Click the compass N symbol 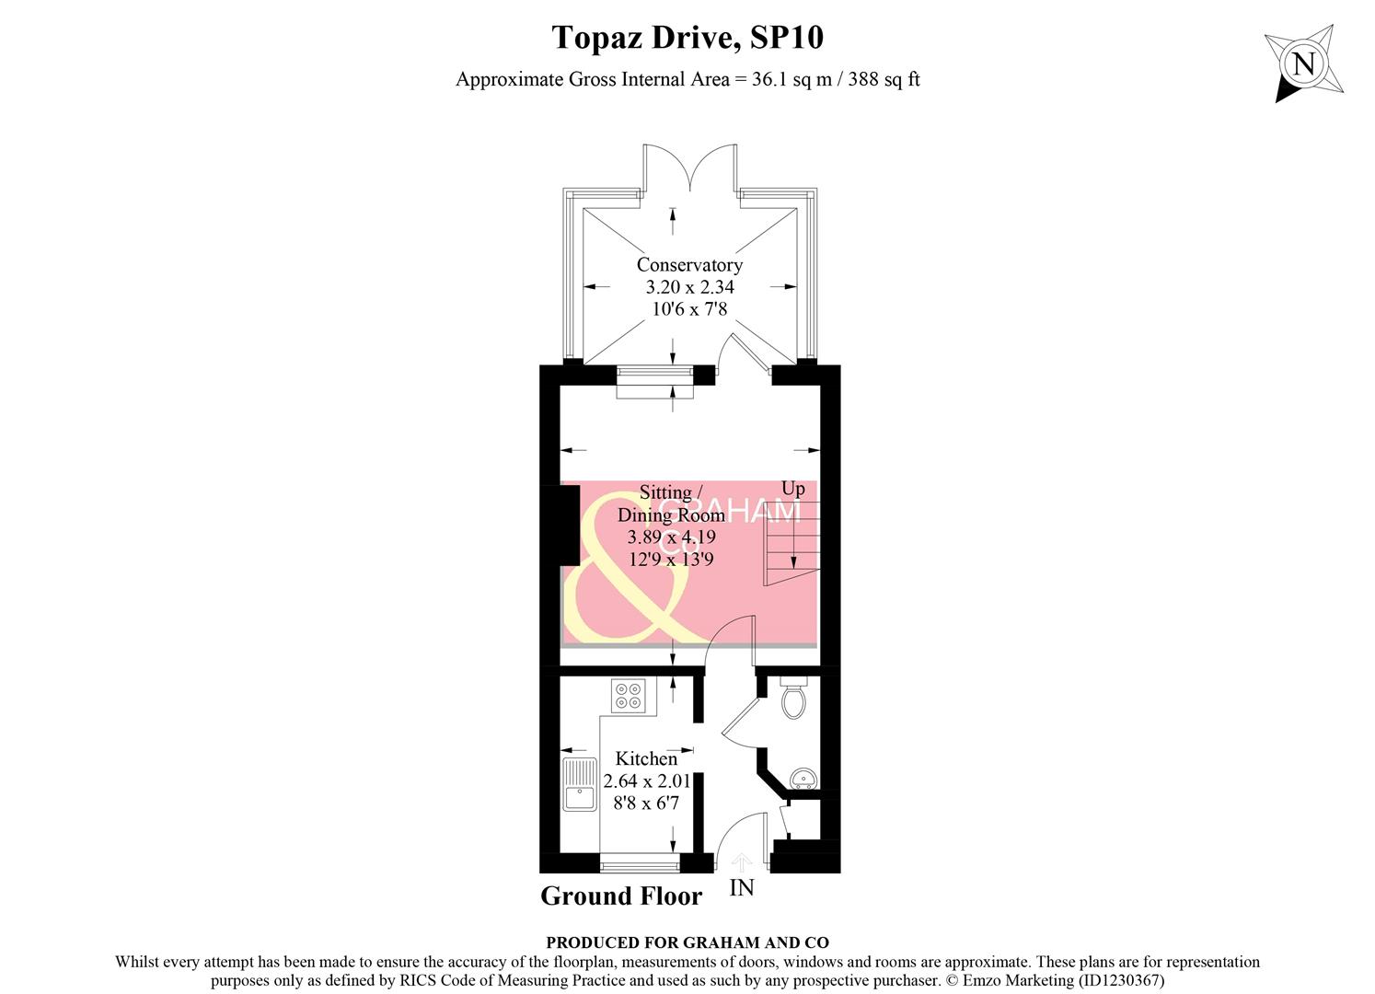click(1303, 65)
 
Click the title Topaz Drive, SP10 click(687, 38)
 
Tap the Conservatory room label click(689, 265)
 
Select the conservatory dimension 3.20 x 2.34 click(689, 287)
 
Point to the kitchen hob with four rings click(630, 695)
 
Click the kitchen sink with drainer click(580, 784)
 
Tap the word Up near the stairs click(792, 489)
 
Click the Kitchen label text click(646, 759)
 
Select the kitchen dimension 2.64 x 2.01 click(646, 781)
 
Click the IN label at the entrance click(742, 888)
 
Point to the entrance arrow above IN click(742, 862)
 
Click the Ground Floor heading click(621, 896)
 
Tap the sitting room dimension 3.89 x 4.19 click(671, 537)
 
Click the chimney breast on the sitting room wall click(569, 525)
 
